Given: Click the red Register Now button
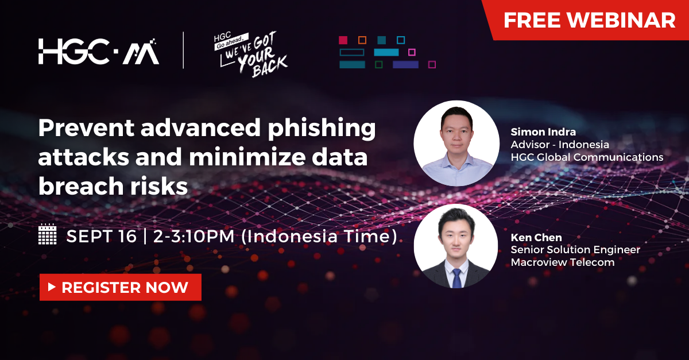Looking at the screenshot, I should (121, 287).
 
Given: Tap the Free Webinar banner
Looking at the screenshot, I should (589, 21).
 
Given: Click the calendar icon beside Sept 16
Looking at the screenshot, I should (47, 235).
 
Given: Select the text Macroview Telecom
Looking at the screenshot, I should (563, 262).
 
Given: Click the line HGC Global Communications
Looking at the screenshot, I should (587, 157).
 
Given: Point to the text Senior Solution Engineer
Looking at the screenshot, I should (575, 250).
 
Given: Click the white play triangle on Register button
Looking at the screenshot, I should (52, 287).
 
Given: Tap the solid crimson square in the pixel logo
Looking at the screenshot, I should (343, 40).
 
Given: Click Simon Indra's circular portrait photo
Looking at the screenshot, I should (456, 143).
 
